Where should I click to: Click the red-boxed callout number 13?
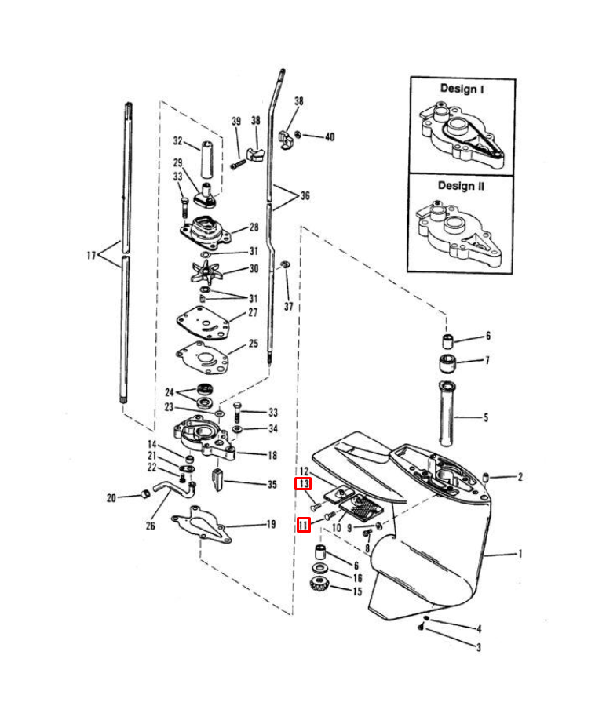[303, 484]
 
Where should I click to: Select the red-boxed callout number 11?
[303, 525]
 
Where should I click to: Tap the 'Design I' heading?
[462, 89]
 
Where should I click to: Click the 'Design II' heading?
[461, 185]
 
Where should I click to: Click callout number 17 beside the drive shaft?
[91, 255]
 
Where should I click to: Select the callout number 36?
[305, 195]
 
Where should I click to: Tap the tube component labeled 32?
[207, 159]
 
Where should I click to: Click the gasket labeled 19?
[202, 525]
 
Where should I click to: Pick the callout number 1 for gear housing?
[520, 553]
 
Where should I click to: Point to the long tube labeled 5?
[447, 413]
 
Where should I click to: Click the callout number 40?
[330, 136]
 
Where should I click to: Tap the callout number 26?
[150, 526]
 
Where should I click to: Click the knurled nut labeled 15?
[319, 584]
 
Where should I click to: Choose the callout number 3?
[479, 647]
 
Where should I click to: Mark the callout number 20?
[111, 497]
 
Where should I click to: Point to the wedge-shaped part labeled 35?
[217, 480]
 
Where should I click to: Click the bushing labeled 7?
[447, 363]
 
